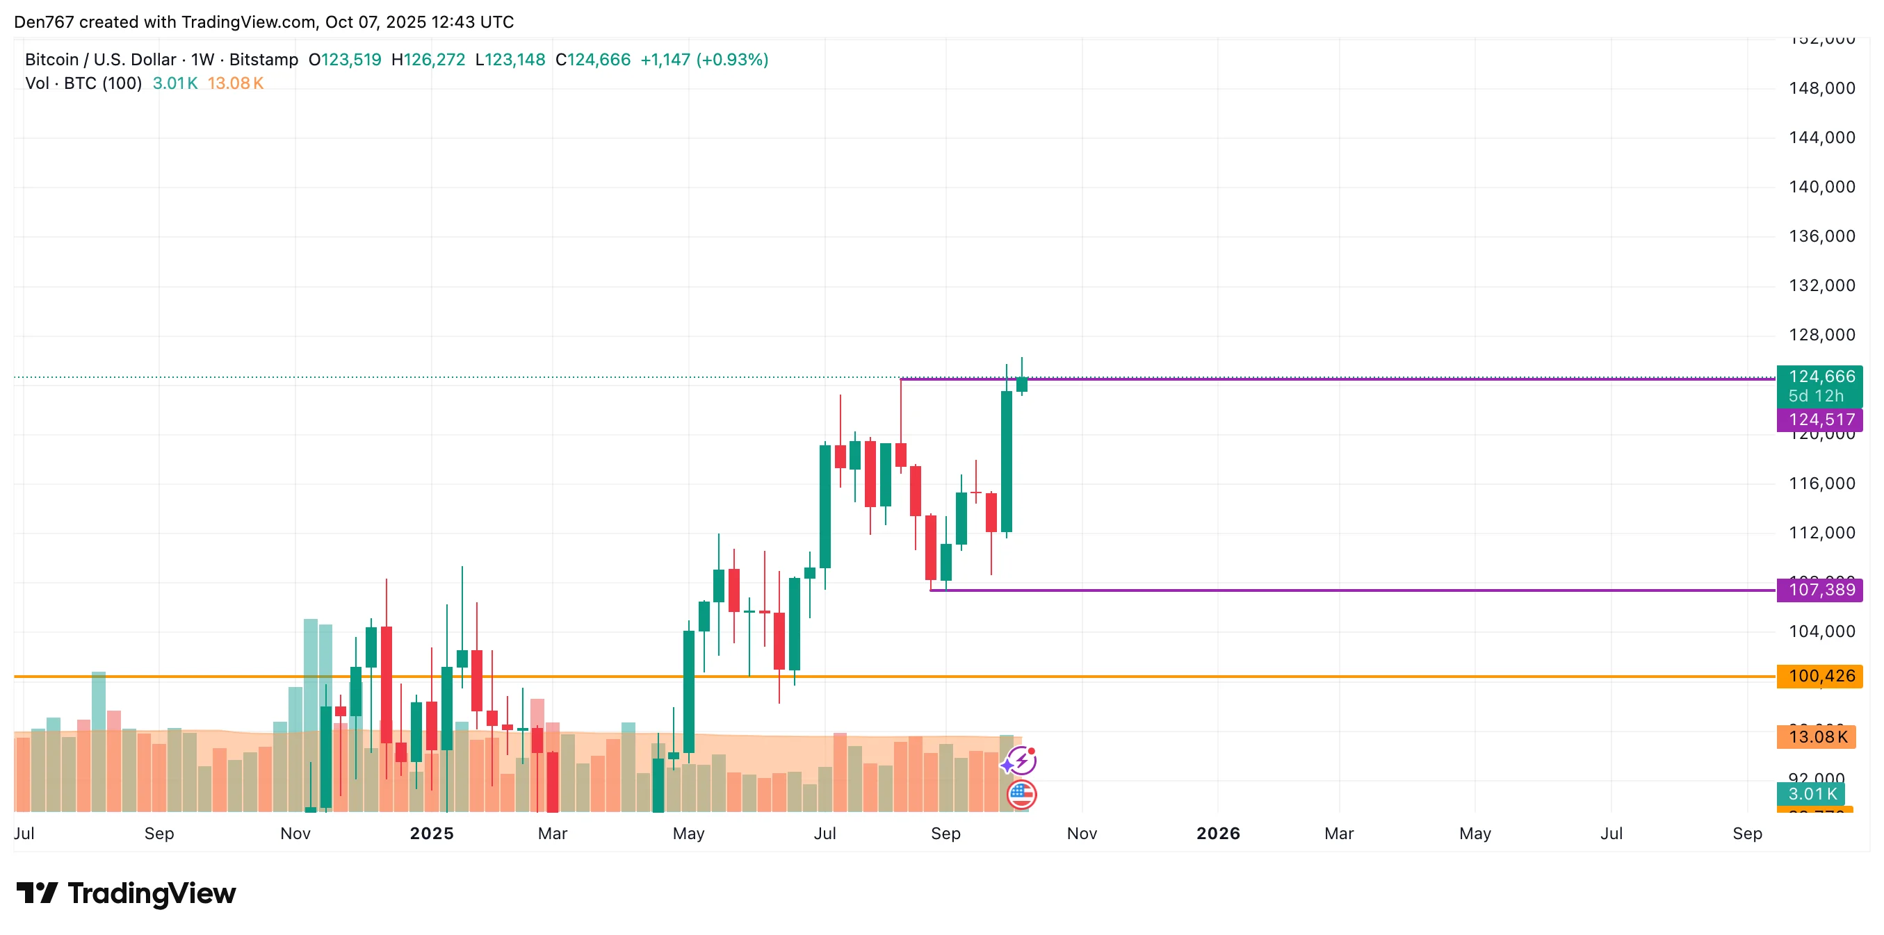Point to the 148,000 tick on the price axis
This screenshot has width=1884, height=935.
click(x=1821, y=88)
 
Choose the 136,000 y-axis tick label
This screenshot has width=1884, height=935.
click(x=1821, y=236)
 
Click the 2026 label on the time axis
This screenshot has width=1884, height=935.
click(x=1218, y=834)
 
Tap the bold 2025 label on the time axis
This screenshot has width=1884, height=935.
click(x=432, y=834)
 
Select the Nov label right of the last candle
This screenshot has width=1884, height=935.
click(x=1082, y=834)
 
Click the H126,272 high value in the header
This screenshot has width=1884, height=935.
click(x=428, y=60)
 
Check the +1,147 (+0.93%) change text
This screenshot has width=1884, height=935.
click(x=704, y=60)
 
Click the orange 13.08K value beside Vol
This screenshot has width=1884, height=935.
click(x=235, y=83)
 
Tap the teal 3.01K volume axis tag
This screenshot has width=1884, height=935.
click(x=1812, y=794)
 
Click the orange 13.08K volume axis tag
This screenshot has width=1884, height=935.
click(x=1817, y=736)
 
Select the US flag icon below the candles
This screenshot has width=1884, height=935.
click(x=1021, y=795)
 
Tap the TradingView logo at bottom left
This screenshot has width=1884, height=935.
click(x=126, y=893)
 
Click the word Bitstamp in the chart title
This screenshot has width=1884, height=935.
click(x=263, y=60)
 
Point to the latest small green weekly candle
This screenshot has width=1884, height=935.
click(x=1022, y=384)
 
